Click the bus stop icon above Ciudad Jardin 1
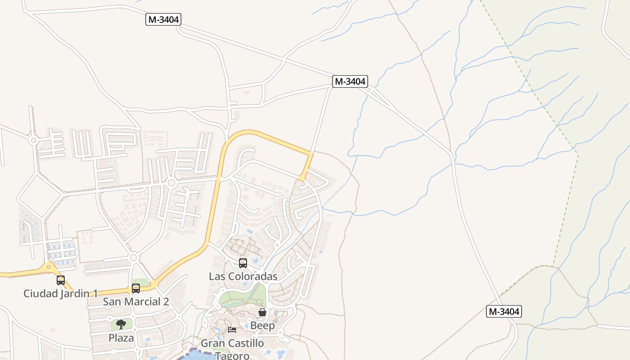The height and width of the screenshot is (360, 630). click(x=61, y=280)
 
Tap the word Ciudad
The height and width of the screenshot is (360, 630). click(x=40, y=294)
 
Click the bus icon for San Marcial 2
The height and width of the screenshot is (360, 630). click(x=136, y=288)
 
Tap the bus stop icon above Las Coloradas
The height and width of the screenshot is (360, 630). click(x=243, y=263)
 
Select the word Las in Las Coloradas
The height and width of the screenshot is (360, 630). click(x=216, y=276)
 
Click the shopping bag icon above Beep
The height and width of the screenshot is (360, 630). click(x=262, y=312)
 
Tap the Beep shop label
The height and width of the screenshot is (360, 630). click(x=262, y=325)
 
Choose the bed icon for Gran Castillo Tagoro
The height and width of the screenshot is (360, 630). click(x=232, y=330)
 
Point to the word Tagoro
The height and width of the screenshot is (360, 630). click(x=232, y=355)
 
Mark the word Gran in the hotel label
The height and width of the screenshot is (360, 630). click(x=212, y=343)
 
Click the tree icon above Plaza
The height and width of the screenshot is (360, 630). click(x=121, y=324)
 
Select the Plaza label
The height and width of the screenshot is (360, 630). click(x=121, y=337)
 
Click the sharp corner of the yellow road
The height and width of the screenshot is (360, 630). click(x=311, y=153)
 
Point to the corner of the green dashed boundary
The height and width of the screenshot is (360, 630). click(x=577, y=152)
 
